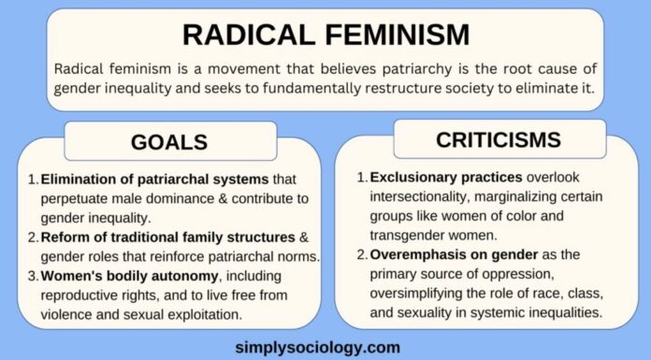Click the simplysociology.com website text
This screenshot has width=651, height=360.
click(x=325, y=346)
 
